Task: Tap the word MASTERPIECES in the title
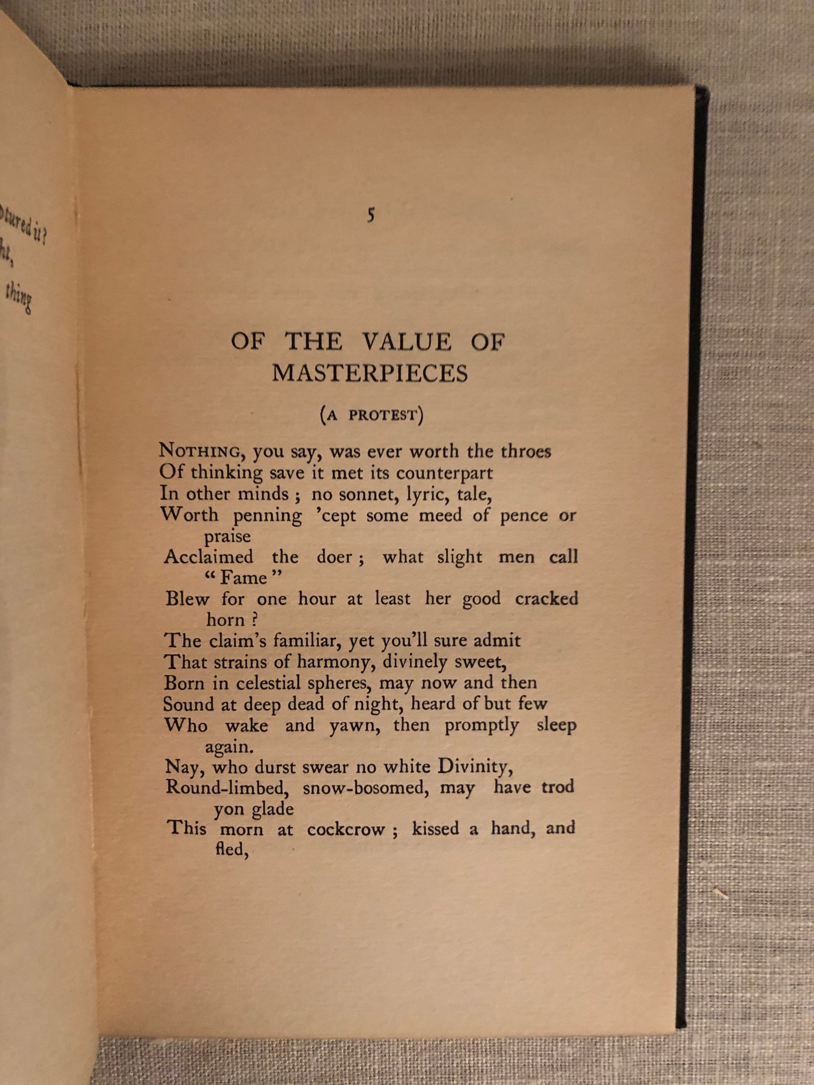[x=370, y=373]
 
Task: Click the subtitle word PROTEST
[x=383, y=415]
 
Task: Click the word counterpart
[x=444, y=473]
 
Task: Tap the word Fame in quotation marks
[x=243, y=578]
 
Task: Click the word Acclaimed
[x=208, y=557]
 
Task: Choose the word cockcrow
[x=346, y=830]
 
